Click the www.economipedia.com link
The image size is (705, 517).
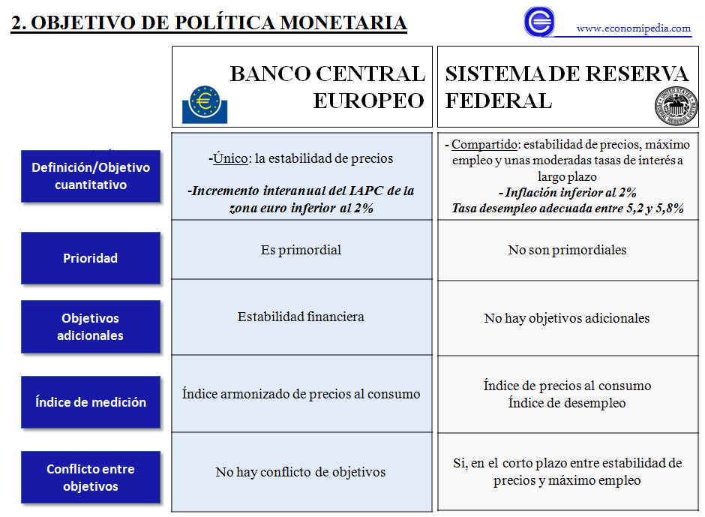(633, 29)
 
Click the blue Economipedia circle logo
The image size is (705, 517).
(539, 21)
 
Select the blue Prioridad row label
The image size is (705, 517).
(90, 258)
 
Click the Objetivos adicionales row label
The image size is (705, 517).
(90, 327)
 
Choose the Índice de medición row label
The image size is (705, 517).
(90, 402)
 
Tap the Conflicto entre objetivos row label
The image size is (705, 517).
(90, 477)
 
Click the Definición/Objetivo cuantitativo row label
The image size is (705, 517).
(90, 176)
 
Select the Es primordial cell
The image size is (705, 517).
(301, 250)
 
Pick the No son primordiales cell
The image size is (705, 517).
(567, 250)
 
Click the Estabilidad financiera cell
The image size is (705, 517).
(301, 317)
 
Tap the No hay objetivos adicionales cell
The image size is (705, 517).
(567, 318)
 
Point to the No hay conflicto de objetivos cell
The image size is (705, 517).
(301, 472)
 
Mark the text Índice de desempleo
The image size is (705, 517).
(567, 403)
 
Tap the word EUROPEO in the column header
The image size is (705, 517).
(368, 101)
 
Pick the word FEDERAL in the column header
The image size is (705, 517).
(499, 101)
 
